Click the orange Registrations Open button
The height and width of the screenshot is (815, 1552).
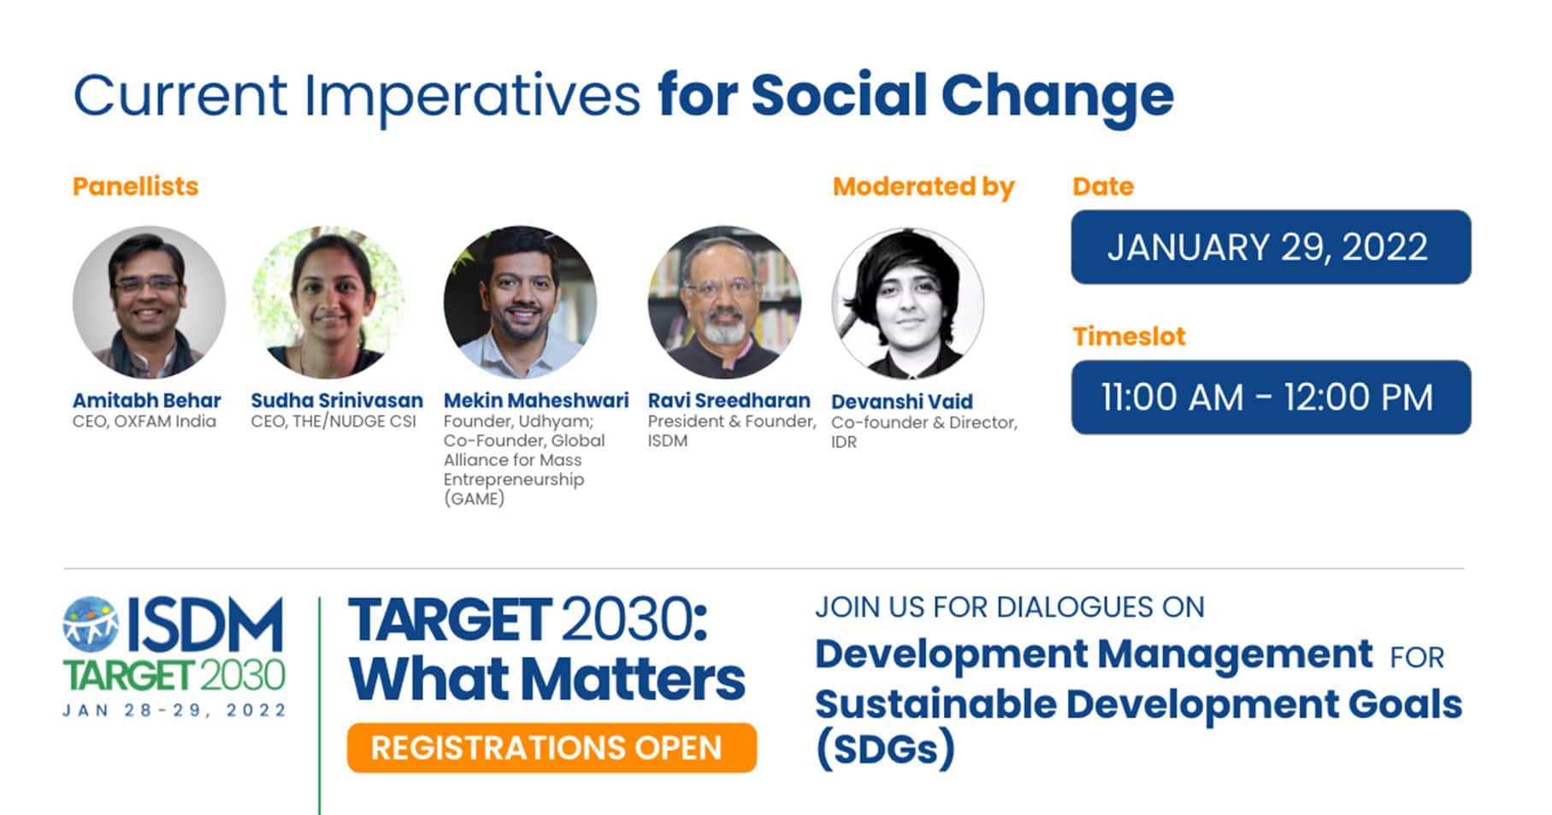pyautogui.click(x=552, y=747)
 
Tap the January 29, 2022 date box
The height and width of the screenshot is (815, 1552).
pyautogui.click(x=1271, y=247)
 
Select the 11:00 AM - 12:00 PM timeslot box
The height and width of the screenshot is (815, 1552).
pyautogui.click(x=1271, y=397)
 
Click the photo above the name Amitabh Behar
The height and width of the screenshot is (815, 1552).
pyautogui.click(x=149, y=302)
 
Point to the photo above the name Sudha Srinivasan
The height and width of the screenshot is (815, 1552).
pyautogui.click(x=328, y=302)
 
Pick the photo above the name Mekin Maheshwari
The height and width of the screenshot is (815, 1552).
pyautogui.click(x=520, y=302)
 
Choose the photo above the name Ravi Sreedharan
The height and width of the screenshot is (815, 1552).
pyautogui.click(x=724, y=302)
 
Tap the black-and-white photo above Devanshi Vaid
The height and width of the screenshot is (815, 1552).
pyautogui.click(x=908, y=303)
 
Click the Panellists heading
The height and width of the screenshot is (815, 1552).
pyautogui.click(x=135, y=186)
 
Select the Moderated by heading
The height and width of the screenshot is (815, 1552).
pyautogui.click(x=924, y=186)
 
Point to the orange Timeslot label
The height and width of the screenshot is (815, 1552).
pyautogui.click(x=1129, y=336)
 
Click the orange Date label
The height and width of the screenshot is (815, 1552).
pyautogui.click(x=1103, y=186)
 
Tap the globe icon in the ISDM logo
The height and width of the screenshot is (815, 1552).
pyautogui.click(x=91, y=622)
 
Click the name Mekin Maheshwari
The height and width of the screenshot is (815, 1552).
pyautogui.click(x=536, y=400)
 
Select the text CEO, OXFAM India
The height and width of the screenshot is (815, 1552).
pyautogui.click(x=145, y=422)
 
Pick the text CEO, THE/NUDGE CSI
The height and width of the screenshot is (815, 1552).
pyautogui.click(x=333, y=422)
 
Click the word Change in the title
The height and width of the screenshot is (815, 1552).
pyautogui.click(x=1057, y=96)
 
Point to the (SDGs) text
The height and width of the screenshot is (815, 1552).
pyautogui.click(x=884, y=748)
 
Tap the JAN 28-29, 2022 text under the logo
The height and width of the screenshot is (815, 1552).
pyautogui.click(x=174, y=710)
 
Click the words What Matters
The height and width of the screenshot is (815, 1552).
pyautogui.click(x=547, y=680)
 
